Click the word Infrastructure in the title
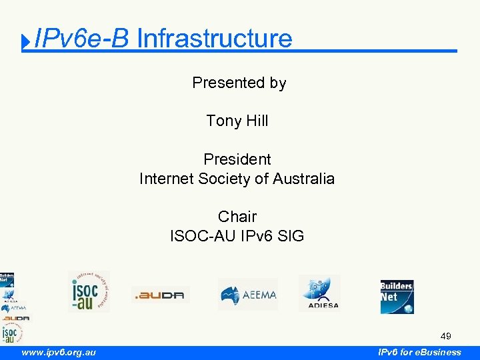[214, 39]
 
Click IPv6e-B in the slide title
[81, 39]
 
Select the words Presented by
[239, 83]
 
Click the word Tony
[223, 121]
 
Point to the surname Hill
[257, 121]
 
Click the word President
[237, 159]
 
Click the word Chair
[237, 217]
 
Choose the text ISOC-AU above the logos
[200, 235]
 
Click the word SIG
[291, 235]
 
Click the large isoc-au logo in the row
[89, 291]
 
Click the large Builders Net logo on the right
[397, 296]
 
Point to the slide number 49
[445, 336]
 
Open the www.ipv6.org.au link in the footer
[59, 352]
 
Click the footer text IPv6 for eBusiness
[419, 352]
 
